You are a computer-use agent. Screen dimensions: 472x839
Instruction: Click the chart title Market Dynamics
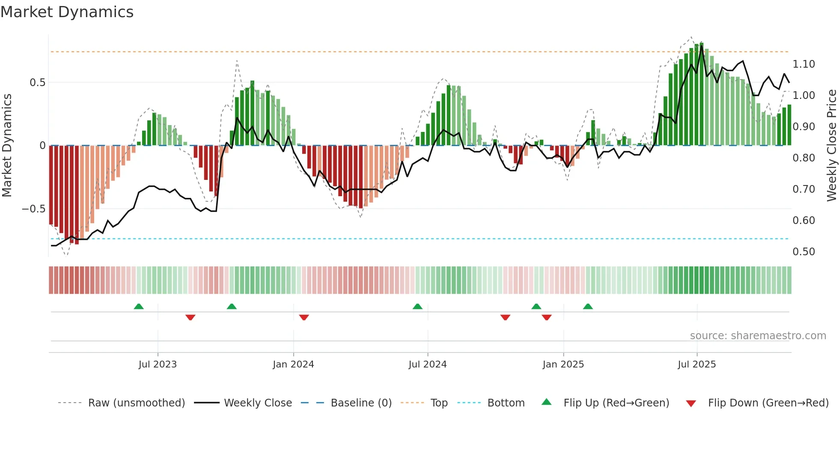[x=67, y=12]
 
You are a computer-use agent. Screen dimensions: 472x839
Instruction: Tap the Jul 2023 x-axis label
[x=158, y=364]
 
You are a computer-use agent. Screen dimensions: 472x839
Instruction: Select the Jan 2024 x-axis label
[x=293, y=364]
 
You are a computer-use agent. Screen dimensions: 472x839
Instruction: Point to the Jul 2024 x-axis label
[x=428, y=364]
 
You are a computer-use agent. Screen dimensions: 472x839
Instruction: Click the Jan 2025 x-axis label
[x=563, y=364]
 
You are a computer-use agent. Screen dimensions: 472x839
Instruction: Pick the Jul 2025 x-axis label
[x=696, y=364]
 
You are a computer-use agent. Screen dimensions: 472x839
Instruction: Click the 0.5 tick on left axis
[x=37, y=83]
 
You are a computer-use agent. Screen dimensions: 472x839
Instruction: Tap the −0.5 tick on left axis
[x=33, y=209]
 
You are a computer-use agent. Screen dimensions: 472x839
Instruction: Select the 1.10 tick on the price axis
[x=803, y=64]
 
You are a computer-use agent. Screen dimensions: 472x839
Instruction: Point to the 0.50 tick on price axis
[x=803, y=252]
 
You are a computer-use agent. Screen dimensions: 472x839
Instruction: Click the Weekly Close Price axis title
[x=831, y=146]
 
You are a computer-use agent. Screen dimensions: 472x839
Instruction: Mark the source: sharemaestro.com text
[x=758, y=336]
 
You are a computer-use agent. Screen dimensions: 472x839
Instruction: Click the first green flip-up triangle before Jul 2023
[x=139, y=307]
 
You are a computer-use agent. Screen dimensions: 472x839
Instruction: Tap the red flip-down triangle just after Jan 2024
[x=304, y=317]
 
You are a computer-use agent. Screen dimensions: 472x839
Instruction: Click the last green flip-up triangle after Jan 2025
[x=588, y=307]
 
